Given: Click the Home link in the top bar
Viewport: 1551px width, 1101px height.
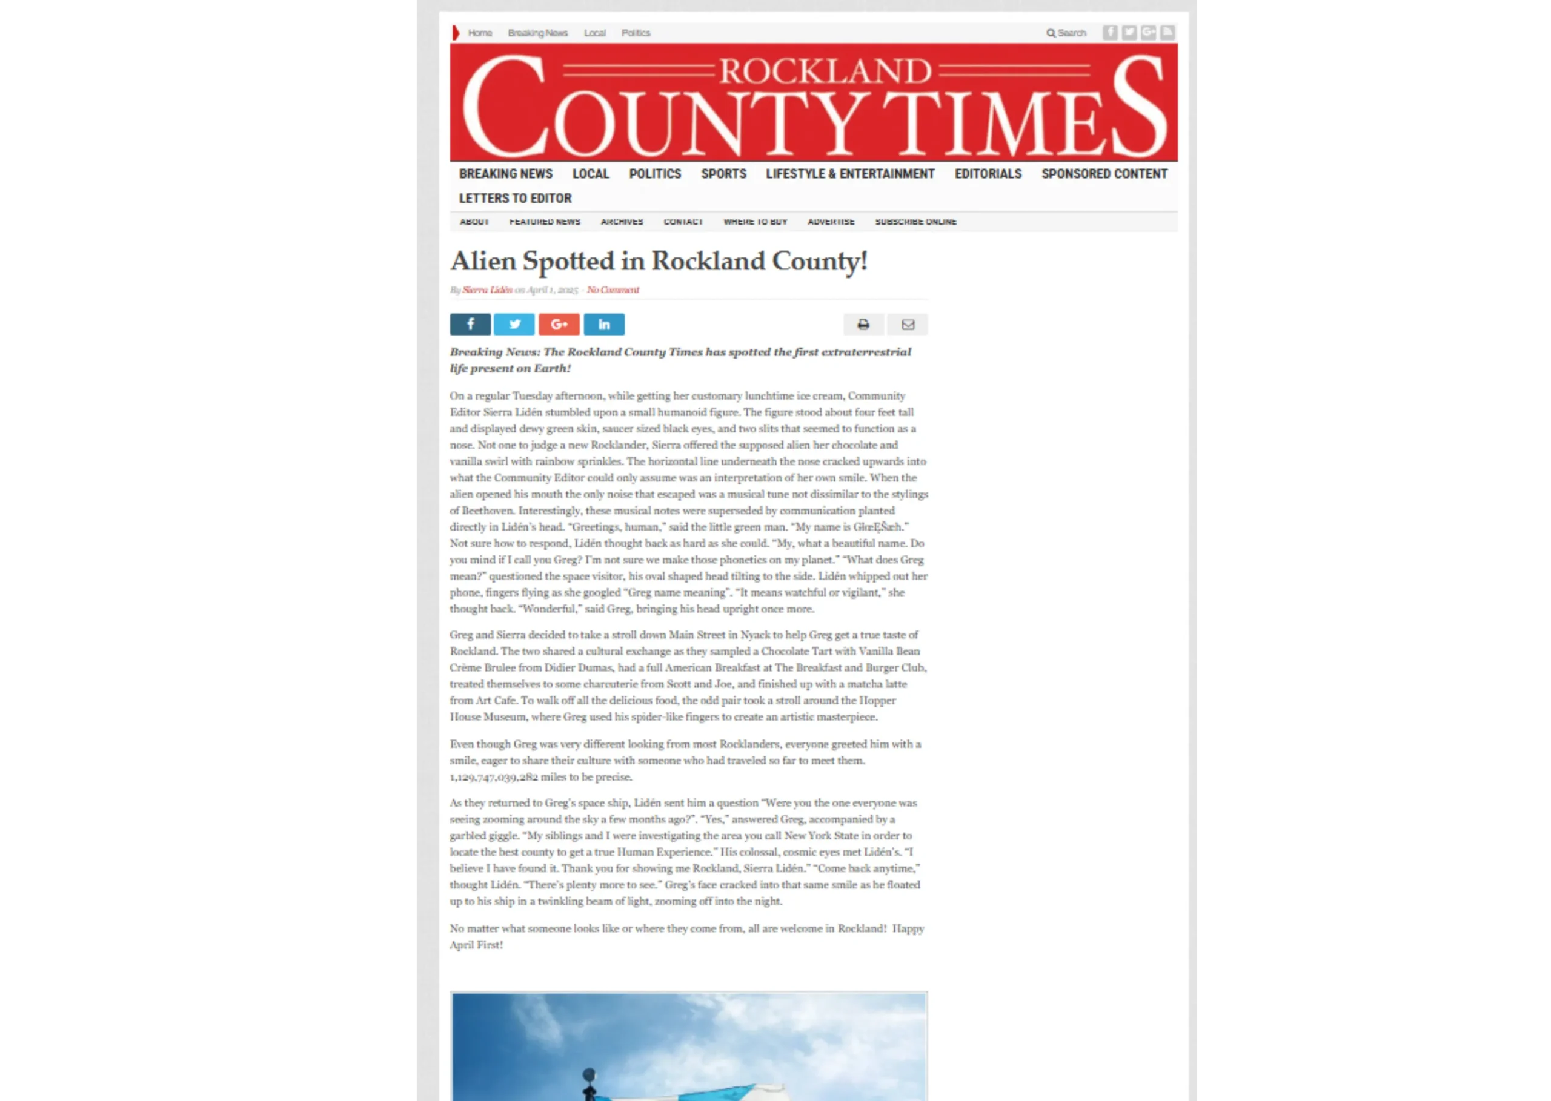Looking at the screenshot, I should click(479, 33).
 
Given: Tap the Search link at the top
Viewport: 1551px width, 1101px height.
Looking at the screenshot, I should click(1067, 33).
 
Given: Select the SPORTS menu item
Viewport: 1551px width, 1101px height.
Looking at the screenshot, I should click(723, 174).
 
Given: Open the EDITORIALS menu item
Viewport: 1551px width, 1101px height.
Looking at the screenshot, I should click(988, 174).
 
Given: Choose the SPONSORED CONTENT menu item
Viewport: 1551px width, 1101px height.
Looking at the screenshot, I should click(1104, 174).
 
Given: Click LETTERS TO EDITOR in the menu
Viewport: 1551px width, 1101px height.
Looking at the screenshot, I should click(515, 198).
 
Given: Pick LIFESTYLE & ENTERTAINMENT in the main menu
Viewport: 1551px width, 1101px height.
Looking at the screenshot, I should click(850, 174).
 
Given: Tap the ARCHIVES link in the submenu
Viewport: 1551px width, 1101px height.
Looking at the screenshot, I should click(621, 222).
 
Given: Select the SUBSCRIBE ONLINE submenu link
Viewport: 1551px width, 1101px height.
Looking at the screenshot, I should click(915, 222).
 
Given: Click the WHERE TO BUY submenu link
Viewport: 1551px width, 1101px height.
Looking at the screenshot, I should click(755, 222).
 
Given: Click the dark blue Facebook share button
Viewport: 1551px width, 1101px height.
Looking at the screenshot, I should click(470, 324).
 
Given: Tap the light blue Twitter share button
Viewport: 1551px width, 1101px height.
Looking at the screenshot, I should click(514, 324).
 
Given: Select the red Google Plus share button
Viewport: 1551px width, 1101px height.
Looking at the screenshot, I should click(559, 324).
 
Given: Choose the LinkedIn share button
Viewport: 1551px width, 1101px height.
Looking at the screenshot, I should click(603, 324).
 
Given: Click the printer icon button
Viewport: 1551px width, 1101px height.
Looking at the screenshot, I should click(863, 324).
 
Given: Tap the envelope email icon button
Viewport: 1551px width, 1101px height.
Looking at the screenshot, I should click(908, 324).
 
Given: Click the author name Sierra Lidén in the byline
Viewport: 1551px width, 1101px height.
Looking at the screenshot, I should click(487, 289).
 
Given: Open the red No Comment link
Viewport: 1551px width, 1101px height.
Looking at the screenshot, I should click(613, 289).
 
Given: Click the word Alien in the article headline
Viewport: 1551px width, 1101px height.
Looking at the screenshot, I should click(483, 261).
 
